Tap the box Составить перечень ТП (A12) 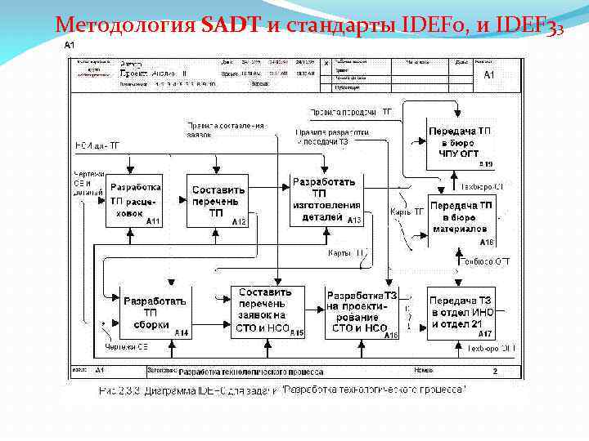(x=216, y=201)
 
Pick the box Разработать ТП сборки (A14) (x=155, y=313)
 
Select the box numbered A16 (x=362, y=313)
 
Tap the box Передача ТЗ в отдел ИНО (x=461, y=312)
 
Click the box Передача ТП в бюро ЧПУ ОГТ (x=461, y=143)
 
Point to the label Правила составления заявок (x=225, y=131)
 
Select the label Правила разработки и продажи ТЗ (x=331, y=136)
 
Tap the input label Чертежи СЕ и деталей (x=83, y=184)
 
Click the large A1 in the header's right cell (x=489, y=74)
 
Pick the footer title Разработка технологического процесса (x=237, y=371)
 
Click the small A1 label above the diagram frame (x=71, y=46)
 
